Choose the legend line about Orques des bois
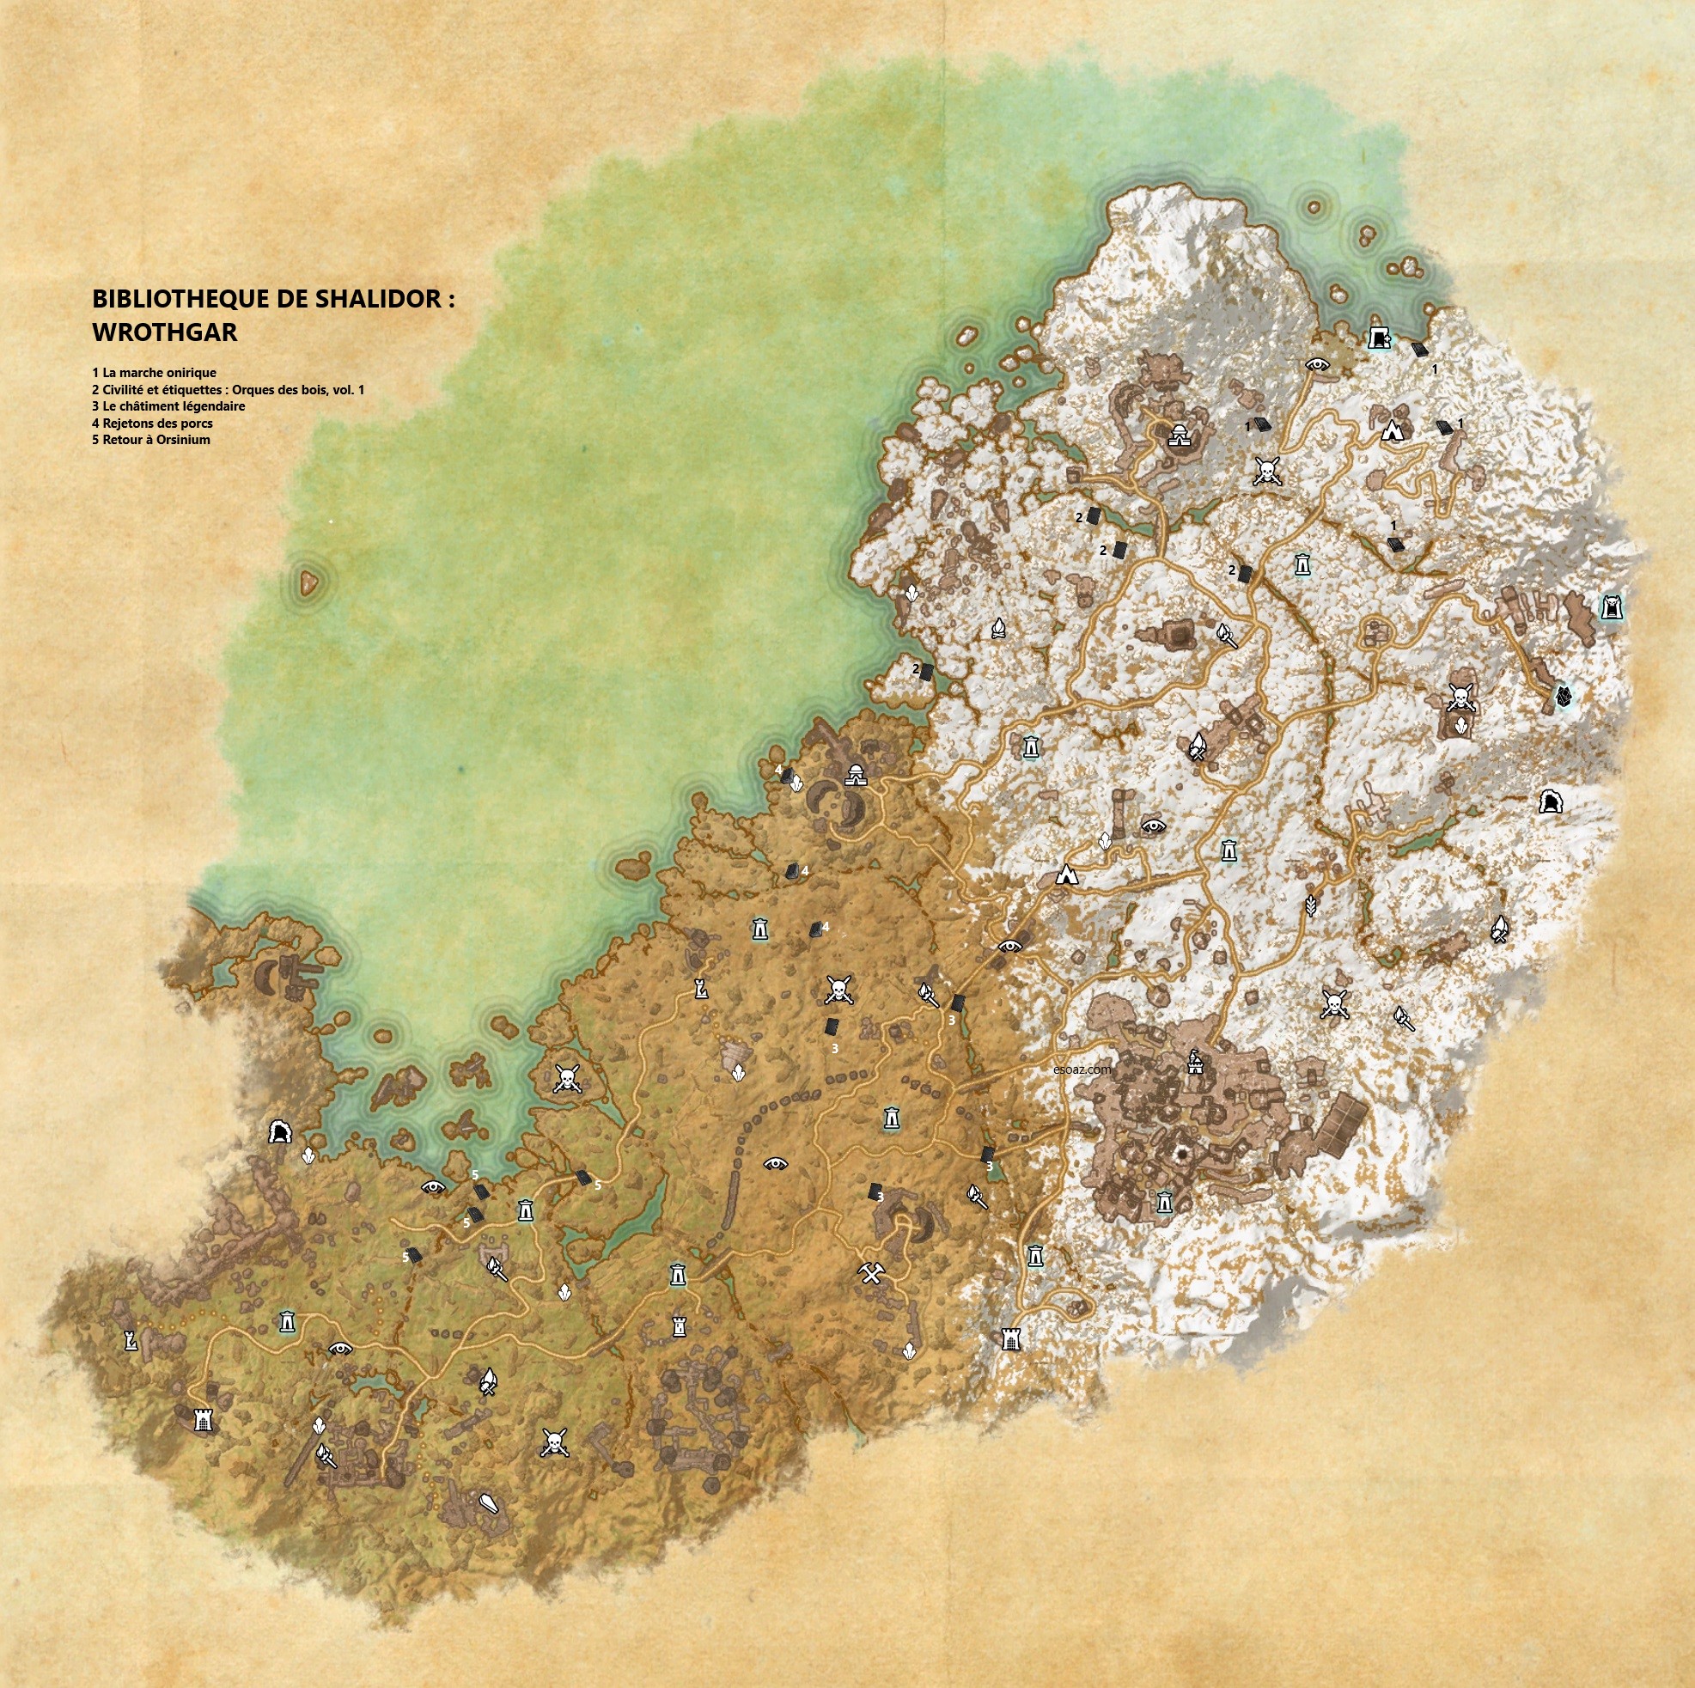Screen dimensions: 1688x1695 [229, 388]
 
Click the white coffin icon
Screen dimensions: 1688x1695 [490, 1503]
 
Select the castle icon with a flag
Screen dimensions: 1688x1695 [1194, 1064]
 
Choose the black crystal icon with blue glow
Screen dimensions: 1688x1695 [1563, 698]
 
